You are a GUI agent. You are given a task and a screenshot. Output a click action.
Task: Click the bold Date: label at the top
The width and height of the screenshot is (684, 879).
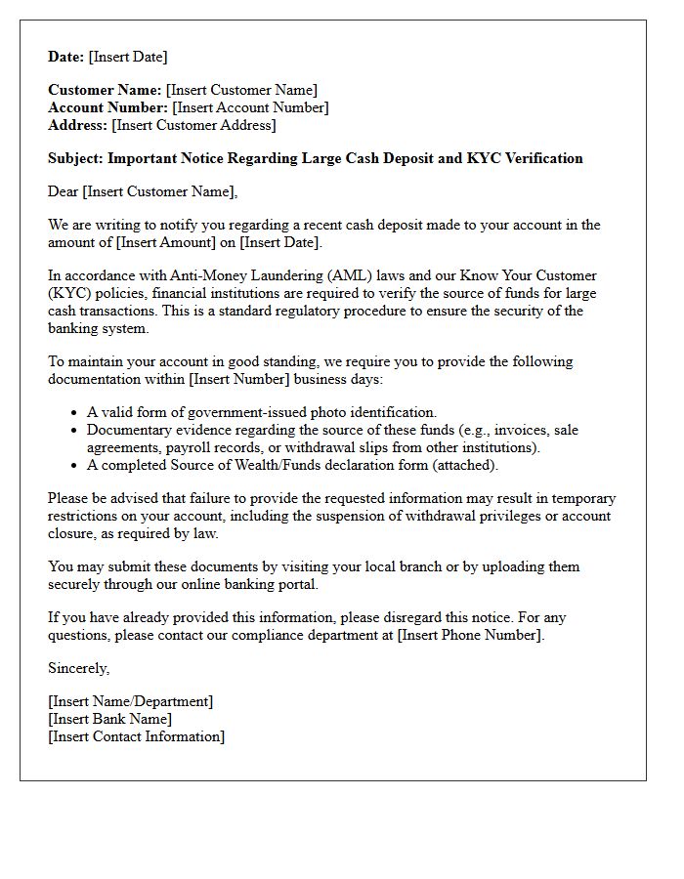pos(66,57)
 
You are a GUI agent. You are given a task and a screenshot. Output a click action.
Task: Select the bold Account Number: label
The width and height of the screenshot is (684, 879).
pos(108,107)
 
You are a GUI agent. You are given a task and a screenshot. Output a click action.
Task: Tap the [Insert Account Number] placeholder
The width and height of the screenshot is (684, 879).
pos(250,107)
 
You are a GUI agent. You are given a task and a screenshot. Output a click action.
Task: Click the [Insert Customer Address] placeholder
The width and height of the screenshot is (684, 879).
pos(193,125)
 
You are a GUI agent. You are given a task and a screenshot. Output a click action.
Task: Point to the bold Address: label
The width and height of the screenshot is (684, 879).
pos(78,125)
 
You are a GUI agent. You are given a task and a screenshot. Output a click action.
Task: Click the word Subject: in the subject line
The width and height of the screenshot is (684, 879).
pos(76,158)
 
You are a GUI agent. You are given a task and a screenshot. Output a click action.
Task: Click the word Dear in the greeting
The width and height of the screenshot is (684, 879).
pos(64,191)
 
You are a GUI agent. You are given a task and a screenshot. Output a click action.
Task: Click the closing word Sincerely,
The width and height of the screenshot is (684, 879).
pos(79,668)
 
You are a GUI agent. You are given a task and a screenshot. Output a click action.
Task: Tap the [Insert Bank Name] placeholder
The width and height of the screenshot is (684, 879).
pos(109,719)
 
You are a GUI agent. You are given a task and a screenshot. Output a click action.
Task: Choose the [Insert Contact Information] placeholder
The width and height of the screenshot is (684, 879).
pos(136,736)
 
